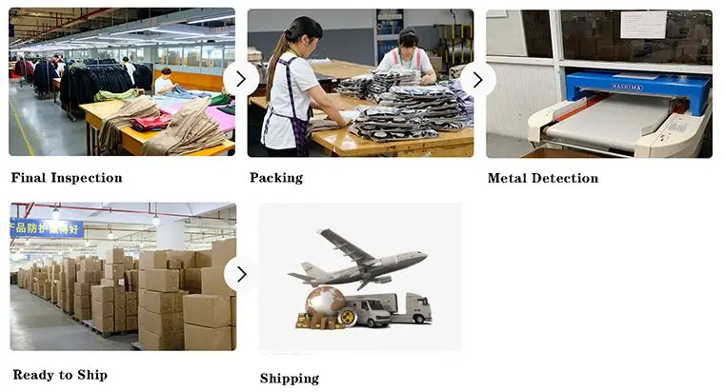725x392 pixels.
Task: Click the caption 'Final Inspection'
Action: pos(67,178)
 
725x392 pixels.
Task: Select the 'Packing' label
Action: pos(276,178)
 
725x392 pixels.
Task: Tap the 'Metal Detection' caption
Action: pos(543,178)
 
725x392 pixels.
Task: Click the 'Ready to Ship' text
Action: pos(60,375)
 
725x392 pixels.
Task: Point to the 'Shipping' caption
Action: pos(290,379)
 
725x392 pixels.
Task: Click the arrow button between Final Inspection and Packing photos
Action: pos(241,79)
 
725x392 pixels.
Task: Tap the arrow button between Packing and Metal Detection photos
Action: pos(478,79)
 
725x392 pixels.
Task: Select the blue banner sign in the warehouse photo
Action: pos(47,227)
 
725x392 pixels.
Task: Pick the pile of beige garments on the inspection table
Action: pos(181,128)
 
